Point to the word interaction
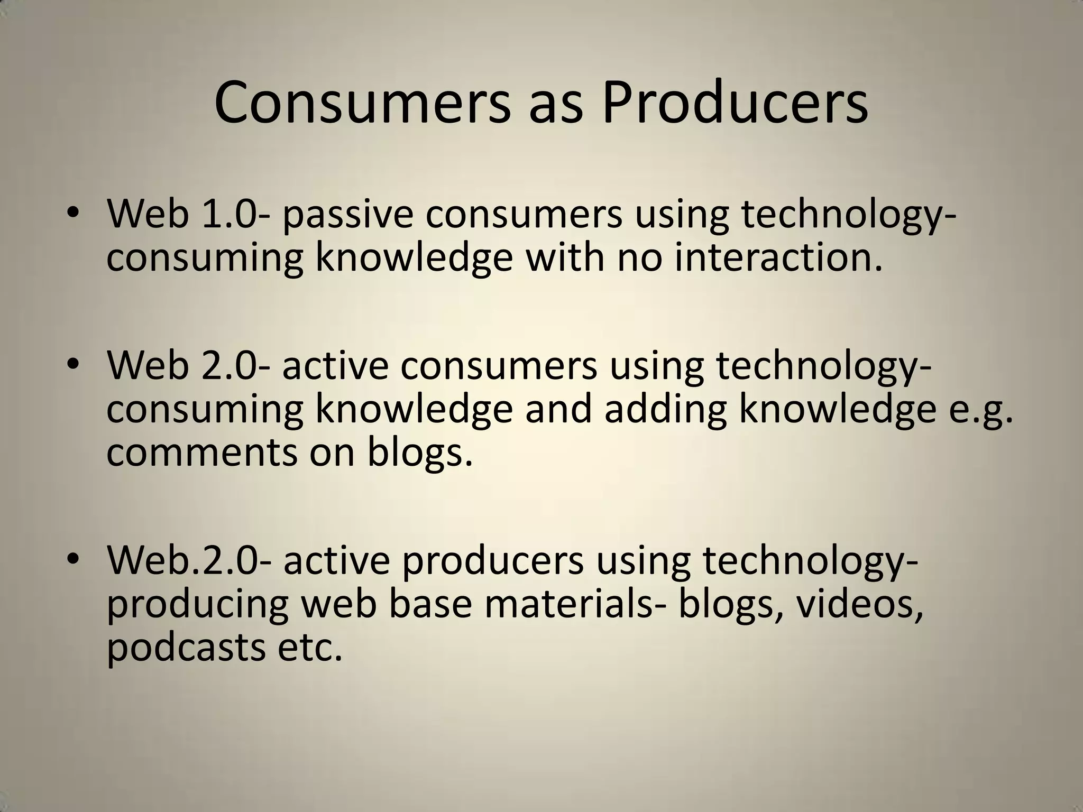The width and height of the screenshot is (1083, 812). (778, 258)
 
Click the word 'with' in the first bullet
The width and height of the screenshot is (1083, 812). (565, 258)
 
